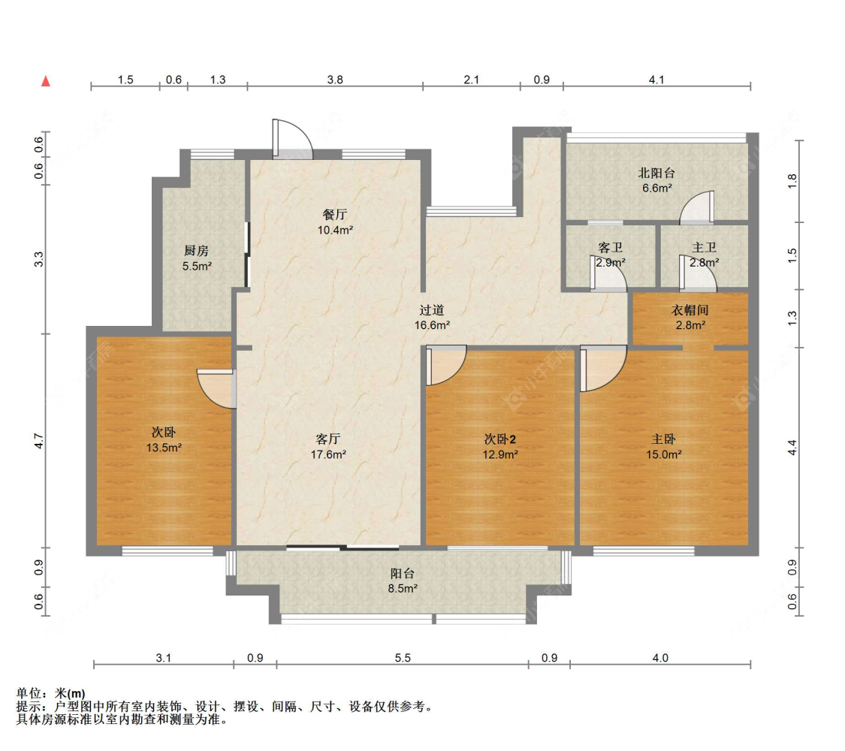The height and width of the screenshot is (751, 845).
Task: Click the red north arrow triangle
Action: coord(46,81)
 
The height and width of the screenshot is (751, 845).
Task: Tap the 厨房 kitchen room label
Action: coord(196,251)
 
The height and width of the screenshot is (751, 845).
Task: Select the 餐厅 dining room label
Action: coord(335,215)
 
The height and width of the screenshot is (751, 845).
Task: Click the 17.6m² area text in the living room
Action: coord(328,454)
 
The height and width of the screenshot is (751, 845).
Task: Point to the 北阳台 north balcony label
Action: coord(656,173)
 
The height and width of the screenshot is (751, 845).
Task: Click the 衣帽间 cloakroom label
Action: coord(690,310)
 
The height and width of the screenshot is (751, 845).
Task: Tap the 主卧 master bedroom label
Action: coord(663,439)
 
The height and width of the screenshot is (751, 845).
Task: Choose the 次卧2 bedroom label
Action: coord(500,439)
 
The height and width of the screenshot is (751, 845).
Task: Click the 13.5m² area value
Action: coord(164,448)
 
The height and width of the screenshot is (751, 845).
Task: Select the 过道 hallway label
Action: coord(432,310)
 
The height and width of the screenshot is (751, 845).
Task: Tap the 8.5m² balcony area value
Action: coord(403,589)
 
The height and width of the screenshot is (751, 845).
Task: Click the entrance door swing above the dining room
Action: coord(293,138)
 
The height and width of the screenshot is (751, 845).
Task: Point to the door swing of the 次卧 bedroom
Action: coord(216,388)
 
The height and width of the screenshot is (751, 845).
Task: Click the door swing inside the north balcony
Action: coord(697,207)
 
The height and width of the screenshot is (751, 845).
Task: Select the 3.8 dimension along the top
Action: coord(335,80)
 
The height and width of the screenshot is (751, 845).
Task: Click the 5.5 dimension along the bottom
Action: coord(403,658)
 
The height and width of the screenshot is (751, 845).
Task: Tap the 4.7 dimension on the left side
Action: coord(39,442)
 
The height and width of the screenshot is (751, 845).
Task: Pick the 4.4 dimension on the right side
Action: coord(792,448)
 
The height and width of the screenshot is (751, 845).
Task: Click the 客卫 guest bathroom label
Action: coord(611,247)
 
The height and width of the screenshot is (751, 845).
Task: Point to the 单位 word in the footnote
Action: coord(29,693)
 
